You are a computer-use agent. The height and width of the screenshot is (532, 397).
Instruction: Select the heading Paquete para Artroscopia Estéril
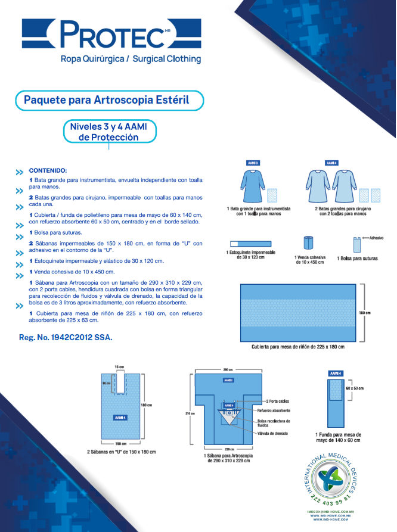[x=106, y=99]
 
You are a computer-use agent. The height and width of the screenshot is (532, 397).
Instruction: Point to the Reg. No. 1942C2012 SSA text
[x=66, y=337]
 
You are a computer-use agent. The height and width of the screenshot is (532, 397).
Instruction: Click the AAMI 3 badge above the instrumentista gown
[x=253, y=163]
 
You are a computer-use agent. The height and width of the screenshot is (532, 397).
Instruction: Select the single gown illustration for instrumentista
[x=252, y=186]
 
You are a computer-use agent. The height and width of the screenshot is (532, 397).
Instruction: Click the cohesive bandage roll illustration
[x=309, y=244]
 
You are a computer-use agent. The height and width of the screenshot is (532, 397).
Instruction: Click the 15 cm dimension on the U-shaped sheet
[x=119, y=366]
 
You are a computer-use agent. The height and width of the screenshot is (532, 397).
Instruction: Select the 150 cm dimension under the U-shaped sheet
[x=121, y=443]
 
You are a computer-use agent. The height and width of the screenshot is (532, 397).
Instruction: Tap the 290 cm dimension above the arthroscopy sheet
[x=227, y=369]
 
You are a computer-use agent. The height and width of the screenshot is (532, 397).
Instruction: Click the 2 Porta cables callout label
[x=278, y=402]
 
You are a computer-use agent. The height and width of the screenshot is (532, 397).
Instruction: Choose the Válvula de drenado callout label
[x=273, y=433]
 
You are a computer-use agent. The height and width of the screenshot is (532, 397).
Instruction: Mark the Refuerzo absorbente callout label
[x=274, y=410]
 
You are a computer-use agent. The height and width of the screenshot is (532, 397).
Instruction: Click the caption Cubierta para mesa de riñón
[x=298, y=346]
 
